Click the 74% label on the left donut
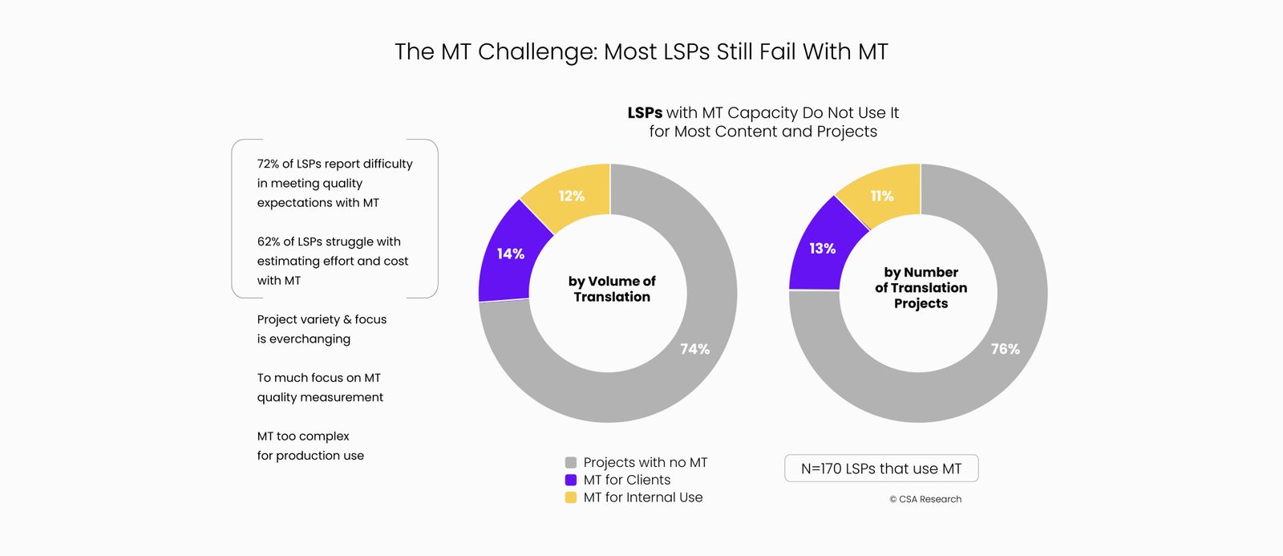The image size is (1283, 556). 694,349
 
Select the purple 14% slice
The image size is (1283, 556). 510,254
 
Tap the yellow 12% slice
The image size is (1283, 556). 572,196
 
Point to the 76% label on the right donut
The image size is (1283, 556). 1005,349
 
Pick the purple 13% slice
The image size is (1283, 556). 822,249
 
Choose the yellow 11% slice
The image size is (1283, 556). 882,196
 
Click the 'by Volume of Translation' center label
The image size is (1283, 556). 612,289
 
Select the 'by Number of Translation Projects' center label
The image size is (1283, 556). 921,288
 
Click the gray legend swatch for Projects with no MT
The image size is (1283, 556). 571,463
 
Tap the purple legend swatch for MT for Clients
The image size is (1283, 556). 571,480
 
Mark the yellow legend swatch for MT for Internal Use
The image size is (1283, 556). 571,497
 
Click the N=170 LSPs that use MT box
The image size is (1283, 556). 881,469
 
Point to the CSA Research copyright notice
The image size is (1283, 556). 925,499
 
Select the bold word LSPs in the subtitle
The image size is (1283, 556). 645,113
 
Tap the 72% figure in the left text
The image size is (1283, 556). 268,164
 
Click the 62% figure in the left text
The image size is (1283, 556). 268,241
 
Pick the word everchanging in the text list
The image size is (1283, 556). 310,339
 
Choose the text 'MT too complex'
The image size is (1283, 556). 303,436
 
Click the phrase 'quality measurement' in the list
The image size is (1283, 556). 320,397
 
